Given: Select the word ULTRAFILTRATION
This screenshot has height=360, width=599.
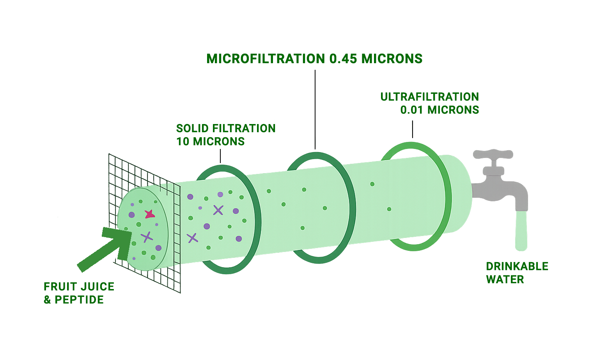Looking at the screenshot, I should pyautogui.click(x=429, y=97).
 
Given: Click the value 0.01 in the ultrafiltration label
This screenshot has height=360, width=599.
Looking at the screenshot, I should pyautogui.click(x=411, y=110).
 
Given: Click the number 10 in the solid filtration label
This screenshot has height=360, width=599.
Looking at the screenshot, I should pyautogui.click(x=183, y=142).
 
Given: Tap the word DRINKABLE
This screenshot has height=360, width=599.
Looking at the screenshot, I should pyautogui.click(x=517, y=266).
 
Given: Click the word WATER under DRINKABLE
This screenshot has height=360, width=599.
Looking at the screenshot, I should pyautogui.click(x=505, y=280).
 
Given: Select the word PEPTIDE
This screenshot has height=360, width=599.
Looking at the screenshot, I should pyautogui.click(x=79, y=300).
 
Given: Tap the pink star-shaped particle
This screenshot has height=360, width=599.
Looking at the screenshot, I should pyautogui.click(x=149, y=214).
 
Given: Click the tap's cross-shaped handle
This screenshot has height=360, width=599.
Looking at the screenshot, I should pyautogui.click(x=493, y=154).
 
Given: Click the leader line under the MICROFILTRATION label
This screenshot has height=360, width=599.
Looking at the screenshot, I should pyautogui.click(x=315, y=109).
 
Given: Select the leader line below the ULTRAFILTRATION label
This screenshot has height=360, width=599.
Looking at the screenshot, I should pyautogui.click(x=413, y=129).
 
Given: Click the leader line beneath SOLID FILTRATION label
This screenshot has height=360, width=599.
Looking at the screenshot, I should pyautogui.click(x=220, y=156).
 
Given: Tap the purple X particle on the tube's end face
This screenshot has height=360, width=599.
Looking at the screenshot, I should pyautogui.click(x=147, y=236).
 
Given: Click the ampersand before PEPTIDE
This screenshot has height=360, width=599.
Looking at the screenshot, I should pyautogui.click(x=47, y=300).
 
